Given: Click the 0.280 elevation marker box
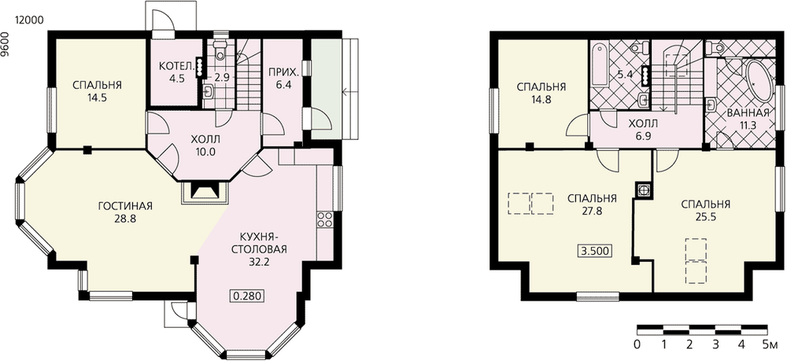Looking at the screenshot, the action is coord(247,295).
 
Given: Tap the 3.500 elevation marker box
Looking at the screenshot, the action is coord(596,251).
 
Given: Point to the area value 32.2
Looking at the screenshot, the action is coord(260,261).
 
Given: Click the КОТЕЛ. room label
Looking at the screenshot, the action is coord(174,66).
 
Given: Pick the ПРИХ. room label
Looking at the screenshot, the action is coord(283,72).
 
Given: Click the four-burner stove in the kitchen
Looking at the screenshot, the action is coord(323,219).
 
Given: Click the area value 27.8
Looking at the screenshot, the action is coord(593,211).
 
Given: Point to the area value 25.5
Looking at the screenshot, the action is coord(705,218).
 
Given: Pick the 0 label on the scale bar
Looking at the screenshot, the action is coord(637,344).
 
